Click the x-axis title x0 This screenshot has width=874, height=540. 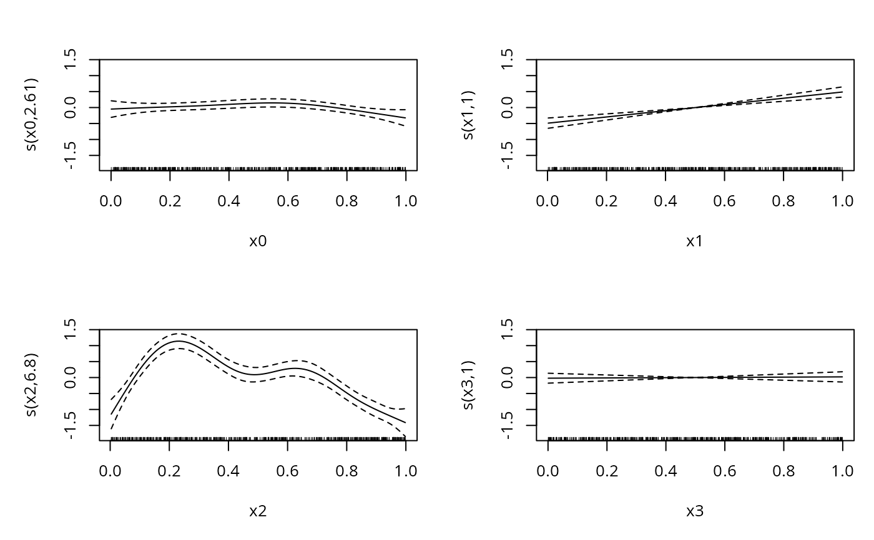click(258, 241)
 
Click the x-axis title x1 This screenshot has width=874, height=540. click(695, 241)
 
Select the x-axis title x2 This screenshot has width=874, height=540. click(258, 511)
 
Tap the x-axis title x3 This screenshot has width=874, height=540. click(695, 511)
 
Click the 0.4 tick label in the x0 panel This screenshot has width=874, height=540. click(228, 201)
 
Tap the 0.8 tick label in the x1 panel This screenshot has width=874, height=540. click(783, 201)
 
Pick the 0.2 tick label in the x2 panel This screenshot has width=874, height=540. click(170, 471)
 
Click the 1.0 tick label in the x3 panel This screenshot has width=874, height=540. click(842, 471)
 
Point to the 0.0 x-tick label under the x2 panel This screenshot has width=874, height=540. click(110, 471)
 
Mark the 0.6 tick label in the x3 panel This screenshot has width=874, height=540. click(724, 471)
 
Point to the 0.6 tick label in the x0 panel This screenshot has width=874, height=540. click(288, 201)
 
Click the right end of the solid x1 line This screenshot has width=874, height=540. click(842, 92)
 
